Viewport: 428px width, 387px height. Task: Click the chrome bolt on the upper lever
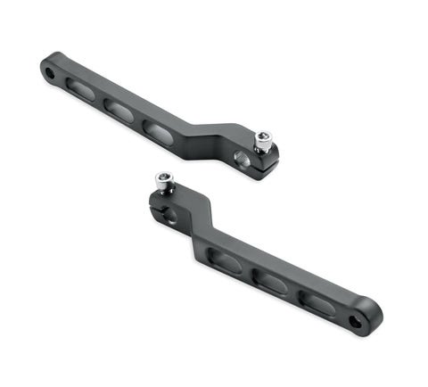263,141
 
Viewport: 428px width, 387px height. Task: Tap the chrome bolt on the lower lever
164,182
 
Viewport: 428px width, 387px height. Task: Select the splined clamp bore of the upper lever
243,158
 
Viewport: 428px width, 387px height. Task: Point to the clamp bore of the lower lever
169,214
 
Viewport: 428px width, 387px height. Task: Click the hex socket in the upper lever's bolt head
262,136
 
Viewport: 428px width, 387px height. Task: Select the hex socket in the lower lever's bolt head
164,177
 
